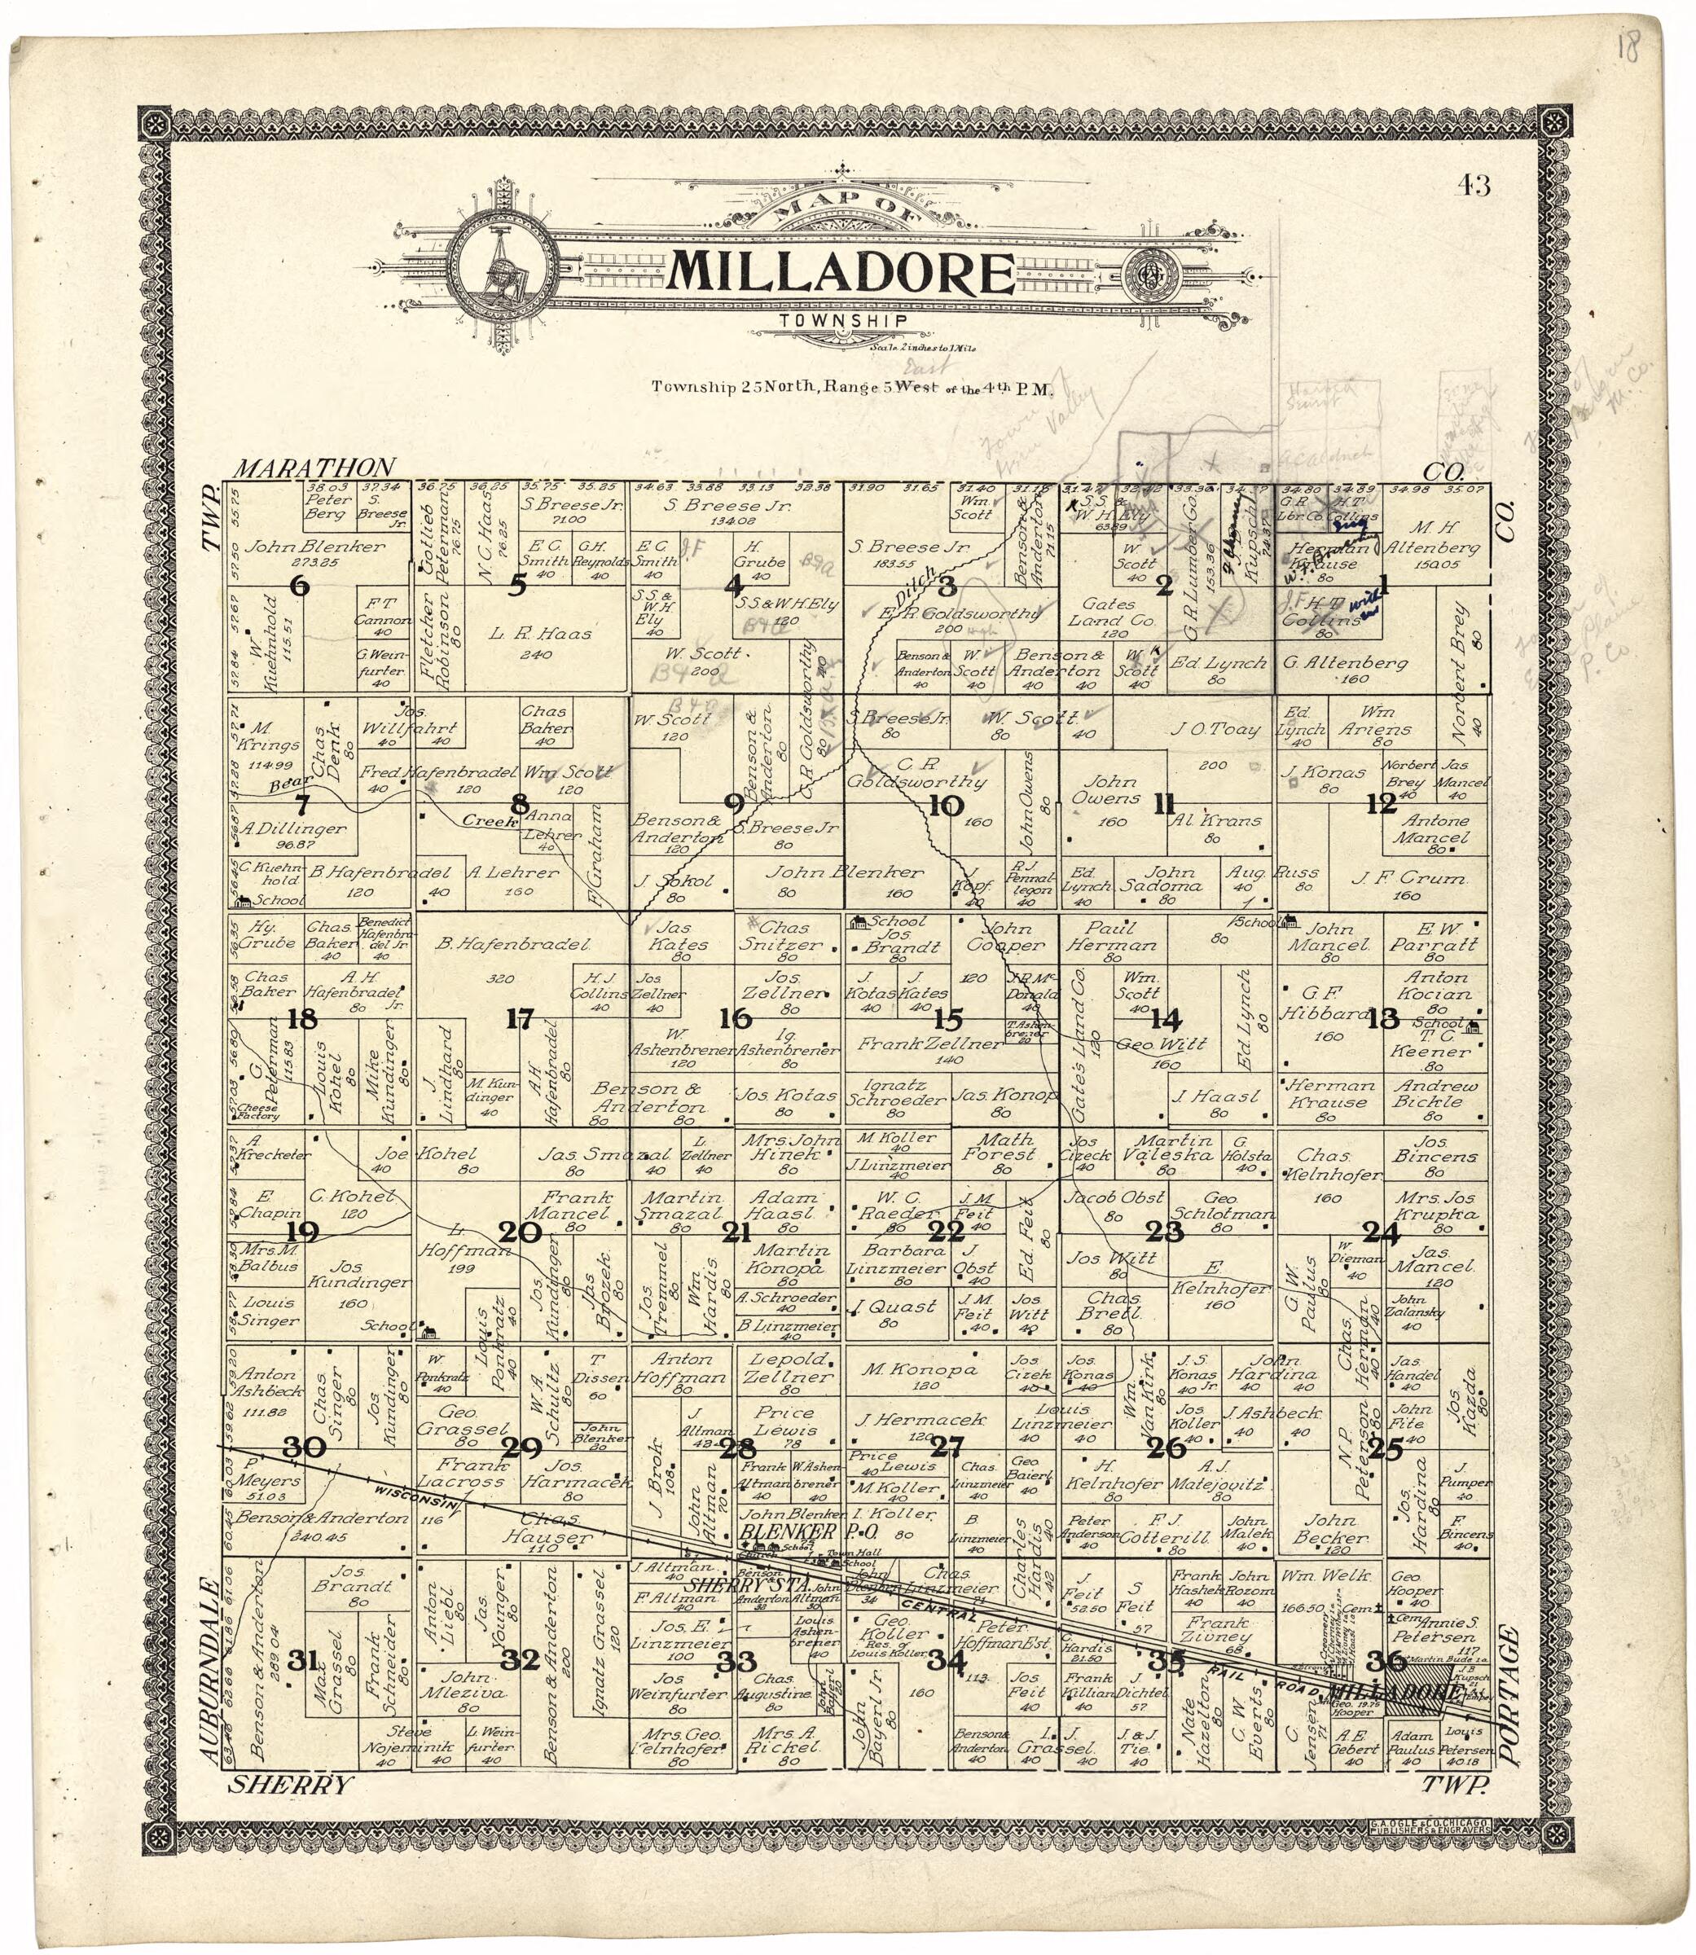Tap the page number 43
[1474, 186]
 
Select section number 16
[736, 1019]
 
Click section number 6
[300, 586]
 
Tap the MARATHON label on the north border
[314, 468]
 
